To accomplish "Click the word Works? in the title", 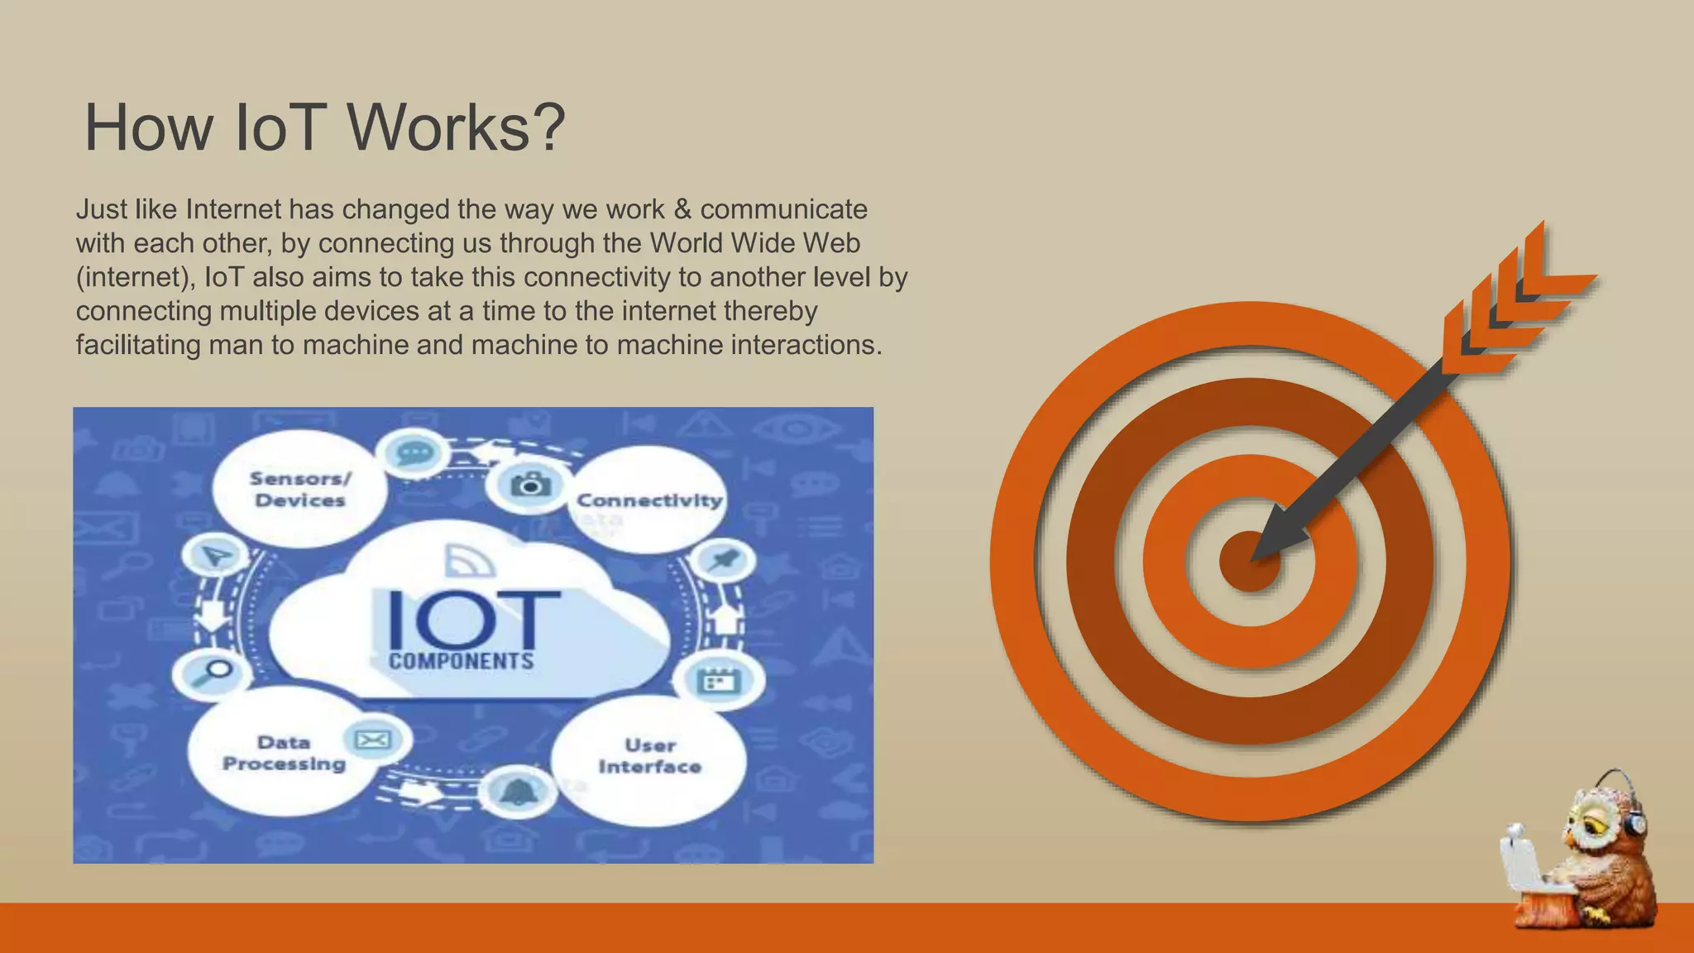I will [x=456, y=128].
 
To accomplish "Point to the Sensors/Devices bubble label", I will [x=300, y=489].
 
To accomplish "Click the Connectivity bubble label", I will [x=649, y=500].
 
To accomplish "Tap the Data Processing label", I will [x=284, y=753].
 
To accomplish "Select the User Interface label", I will [x=650, y=756].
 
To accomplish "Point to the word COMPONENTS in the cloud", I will [x=462, y=661].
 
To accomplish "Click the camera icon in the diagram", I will [x=530, y=484].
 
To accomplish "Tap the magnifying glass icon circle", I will [x=212, y=672].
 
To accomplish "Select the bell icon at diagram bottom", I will [x=518, y=792].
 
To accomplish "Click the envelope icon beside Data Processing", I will [x=372, y=739].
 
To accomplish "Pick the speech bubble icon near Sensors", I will [x=413, y=453].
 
